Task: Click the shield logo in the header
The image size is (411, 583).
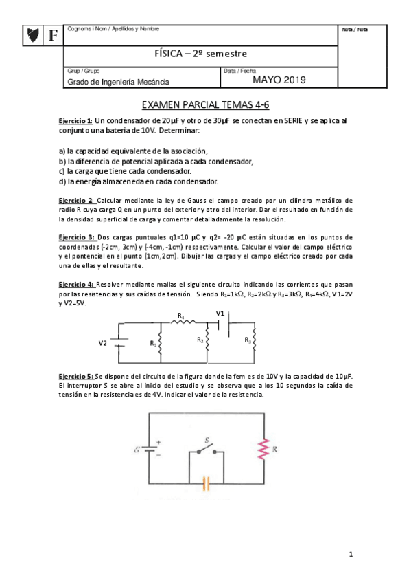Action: click(x=32, y=34)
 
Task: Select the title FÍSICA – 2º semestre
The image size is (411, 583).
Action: click(x=202, y=54)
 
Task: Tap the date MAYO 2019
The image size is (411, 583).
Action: click(x=279, y=80)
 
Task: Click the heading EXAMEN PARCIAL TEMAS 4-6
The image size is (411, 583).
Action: click(x=205, y=106)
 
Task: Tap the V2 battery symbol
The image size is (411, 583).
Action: click(x=121, y=342)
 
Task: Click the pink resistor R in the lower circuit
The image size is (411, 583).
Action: click(x=262, y=450)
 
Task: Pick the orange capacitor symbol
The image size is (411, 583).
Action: click(x=205, y=483)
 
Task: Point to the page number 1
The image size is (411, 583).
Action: click(x=350, y=553)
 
